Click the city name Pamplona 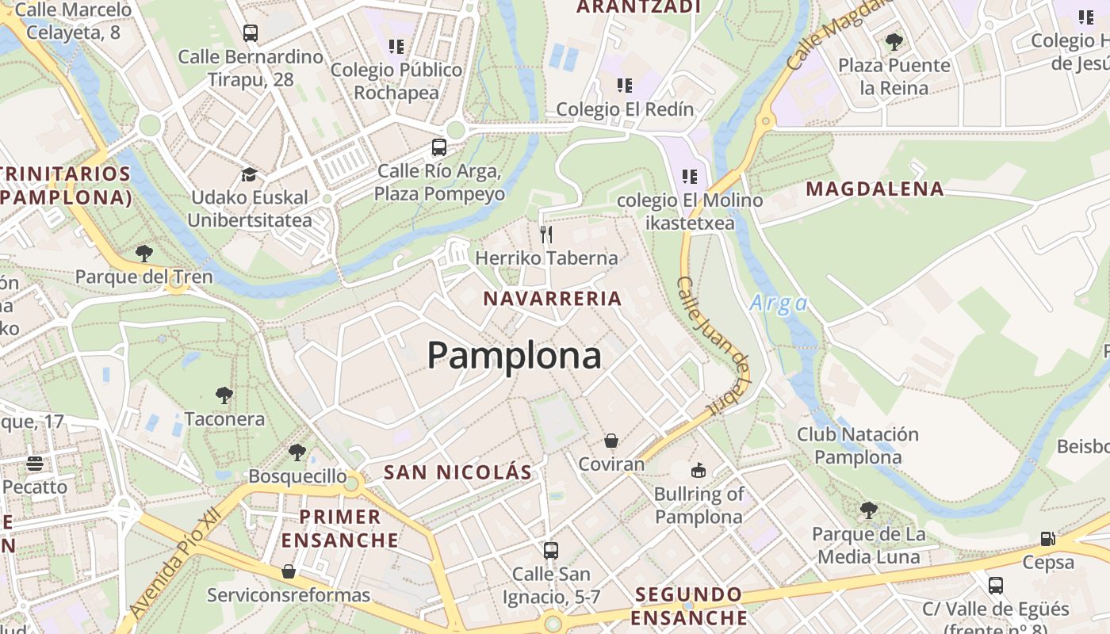click(x=515, y=356)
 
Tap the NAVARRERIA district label click(x=553, y=299)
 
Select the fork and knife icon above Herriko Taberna click(x=545, y=234)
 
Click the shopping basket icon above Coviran click(x=611, y=441)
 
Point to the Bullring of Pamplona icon click(x=698, y=471)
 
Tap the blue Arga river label click(x=779, y=304)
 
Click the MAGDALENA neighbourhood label click(x=875, y=189)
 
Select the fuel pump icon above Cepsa click(x=1048, y=539)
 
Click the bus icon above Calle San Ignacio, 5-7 click(x=550, y=550)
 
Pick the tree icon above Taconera click(x=224, y=395)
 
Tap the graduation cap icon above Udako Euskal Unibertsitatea click(x=250, y=174)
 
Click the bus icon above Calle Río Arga click(x=438, y=147)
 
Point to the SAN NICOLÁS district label click(x=457, y=472)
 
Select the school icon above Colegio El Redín click(x=625, y=85)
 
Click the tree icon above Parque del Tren click(x=144, y=254)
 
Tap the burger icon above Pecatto click(x=34, y=463)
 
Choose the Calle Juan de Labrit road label click(x=714, y=346)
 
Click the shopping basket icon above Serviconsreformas click(x=289, y=571)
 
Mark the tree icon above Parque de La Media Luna click(x=869, y=510)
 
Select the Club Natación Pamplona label click(x=858, y=445)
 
